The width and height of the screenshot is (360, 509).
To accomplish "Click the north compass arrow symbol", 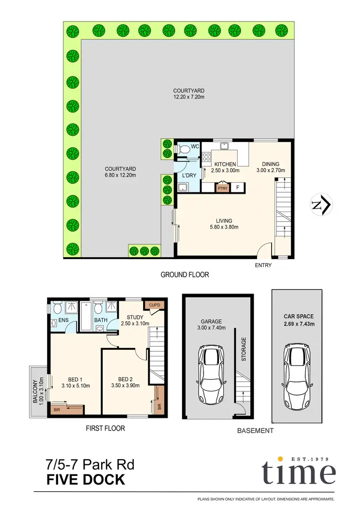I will [321, 204].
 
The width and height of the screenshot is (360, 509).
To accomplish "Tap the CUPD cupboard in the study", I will [157, 305].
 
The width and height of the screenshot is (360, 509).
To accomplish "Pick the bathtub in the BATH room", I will [86, 317].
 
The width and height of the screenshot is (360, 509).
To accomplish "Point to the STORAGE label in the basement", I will [244, 349].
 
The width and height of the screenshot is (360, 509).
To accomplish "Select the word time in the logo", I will [298, 473].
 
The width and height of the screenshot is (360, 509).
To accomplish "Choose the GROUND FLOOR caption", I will [185, 275].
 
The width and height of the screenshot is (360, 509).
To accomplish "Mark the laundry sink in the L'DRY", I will [183, 188].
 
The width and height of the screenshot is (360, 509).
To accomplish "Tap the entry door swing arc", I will [264, 250].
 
